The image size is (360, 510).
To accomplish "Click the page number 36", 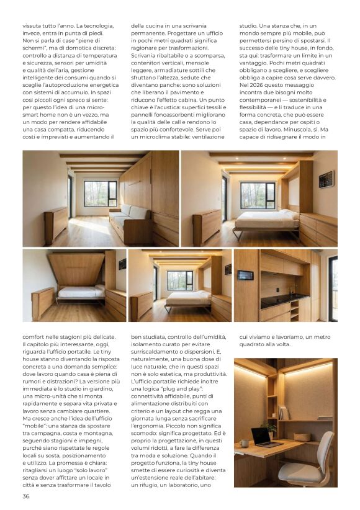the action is [x=25, y=496].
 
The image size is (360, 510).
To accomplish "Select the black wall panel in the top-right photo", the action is [x=325, y=179].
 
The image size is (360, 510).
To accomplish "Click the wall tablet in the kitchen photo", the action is [x=246, y=275].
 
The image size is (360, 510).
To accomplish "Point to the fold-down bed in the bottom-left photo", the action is [x=80, y=292].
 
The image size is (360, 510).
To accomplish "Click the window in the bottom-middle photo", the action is [x=179, y=280].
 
